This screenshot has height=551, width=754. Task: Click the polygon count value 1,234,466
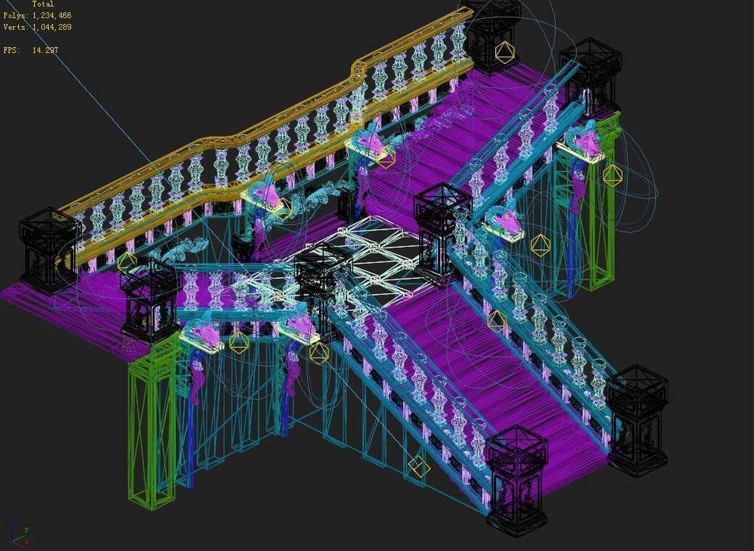pos(51,15)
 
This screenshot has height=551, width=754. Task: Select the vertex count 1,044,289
pos(51,27)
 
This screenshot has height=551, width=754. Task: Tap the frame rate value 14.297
pos(45,50)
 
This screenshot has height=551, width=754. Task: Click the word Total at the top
pos(43,4)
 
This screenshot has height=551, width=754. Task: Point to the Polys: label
pos(15,15)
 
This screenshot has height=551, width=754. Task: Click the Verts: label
pos(15,27)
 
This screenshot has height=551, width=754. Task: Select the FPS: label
pos(10,50)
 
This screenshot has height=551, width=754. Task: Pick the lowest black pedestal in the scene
pos(516,478)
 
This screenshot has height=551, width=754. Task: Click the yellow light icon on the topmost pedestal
pos(505,51)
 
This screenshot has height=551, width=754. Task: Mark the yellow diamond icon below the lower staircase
pos(419,467)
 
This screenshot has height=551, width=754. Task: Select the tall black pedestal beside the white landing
pos(441,225)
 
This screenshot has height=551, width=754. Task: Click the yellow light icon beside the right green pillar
pos(613,175)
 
